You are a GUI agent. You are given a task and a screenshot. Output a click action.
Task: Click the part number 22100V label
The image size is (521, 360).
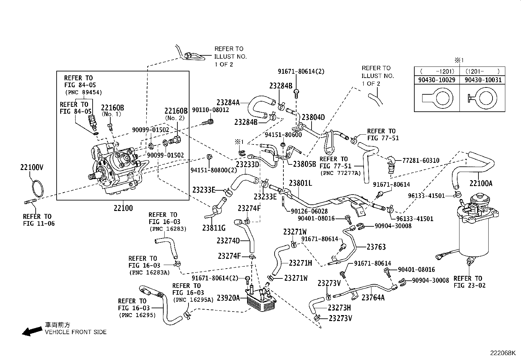coord(31,167)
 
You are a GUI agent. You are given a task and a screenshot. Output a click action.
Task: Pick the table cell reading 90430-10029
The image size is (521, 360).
coord(437,80)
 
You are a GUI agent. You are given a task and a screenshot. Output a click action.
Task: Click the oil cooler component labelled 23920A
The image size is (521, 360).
coord(260,299)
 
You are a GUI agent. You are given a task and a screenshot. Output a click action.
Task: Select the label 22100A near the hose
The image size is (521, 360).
coord(480,183)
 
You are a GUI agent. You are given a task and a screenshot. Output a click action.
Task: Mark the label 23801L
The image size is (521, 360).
coord(300,183)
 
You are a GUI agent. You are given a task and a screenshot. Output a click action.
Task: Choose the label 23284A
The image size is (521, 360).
coord(228,102)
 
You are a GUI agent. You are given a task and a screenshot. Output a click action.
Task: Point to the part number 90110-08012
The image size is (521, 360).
coord(210,110)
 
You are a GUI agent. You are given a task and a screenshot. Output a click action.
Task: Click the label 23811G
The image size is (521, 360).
coord(214,228)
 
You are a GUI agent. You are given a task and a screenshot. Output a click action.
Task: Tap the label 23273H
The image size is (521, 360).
coord(339,308)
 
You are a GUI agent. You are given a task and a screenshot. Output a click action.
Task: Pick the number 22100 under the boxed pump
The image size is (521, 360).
coord(123,208)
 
